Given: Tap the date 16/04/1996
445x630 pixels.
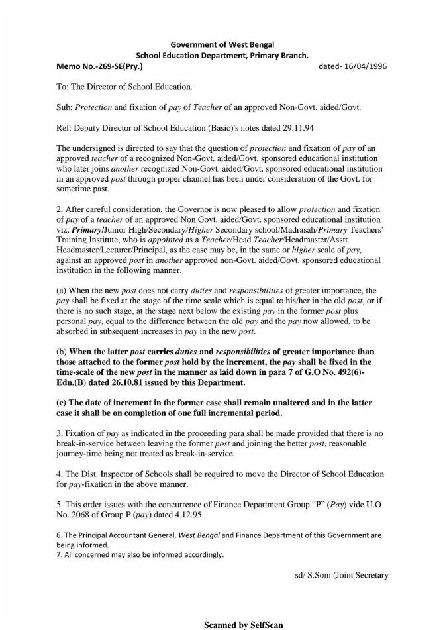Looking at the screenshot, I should click(364, 66).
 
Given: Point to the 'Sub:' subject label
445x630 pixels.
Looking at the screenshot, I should click(65, 107).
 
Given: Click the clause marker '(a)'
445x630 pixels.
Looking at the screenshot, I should click(63, 290).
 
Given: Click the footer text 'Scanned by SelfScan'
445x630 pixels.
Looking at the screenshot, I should click(243, 624).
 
